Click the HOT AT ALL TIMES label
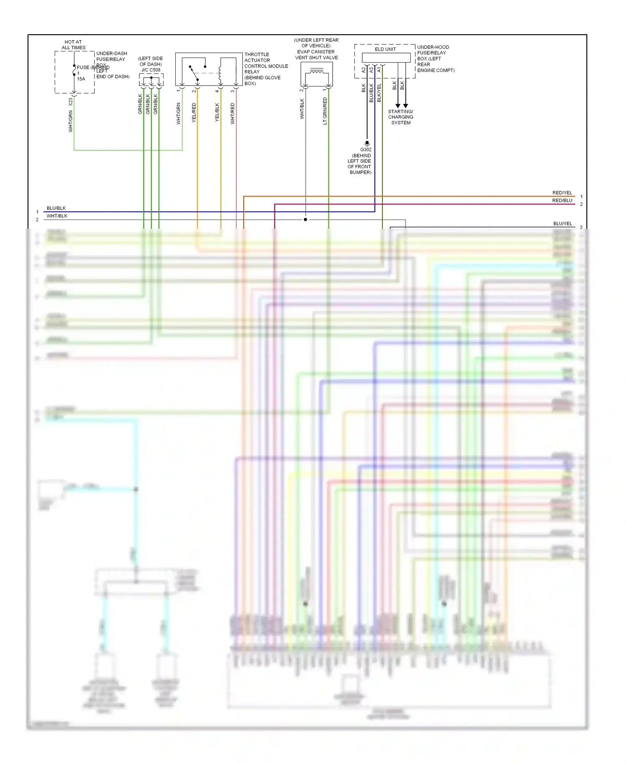(73, 45)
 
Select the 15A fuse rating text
(81, 79)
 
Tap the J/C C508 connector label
(151, 70)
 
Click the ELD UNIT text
(385, 49)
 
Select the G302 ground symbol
(367, 143)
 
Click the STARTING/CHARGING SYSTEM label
(401, 117)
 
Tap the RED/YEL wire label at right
(562, 193)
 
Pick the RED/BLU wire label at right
(562, 200)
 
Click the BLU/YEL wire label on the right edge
(563, 224)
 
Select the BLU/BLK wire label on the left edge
(56, 208)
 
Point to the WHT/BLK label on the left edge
(57, 216)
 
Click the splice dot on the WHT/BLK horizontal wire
(305, 220)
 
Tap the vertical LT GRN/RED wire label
(325, 111)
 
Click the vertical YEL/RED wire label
(194, 113)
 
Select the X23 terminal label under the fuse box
(71, 101)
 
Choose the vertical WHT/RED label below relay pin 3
(233, 114)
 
